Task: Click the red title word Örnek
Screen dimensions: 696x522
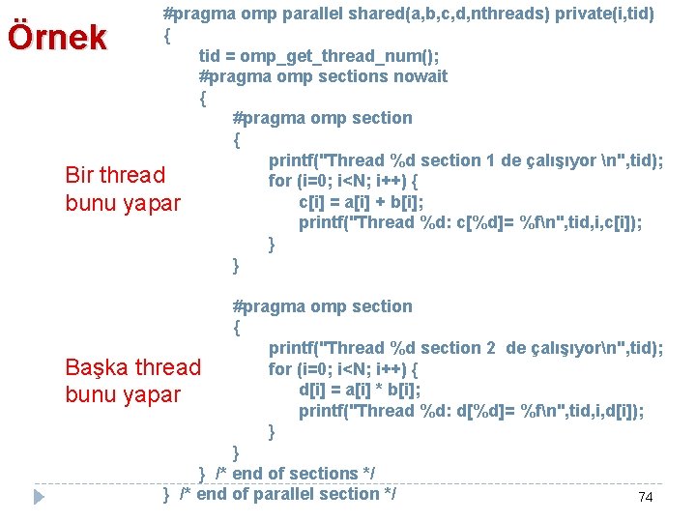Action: pos(56,37)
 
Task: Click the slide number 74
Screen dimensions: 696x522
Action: pos(646,497)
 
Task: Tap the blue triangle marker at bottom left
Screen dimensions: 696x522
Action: pos(39,497)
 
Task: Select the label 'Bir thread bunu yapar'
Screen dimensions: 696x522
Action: pos(122,188)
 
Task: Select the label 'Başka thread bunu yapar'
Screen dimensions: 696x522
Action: pos(132,381)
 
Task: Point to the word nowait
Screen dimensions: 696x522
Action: pos(418,76)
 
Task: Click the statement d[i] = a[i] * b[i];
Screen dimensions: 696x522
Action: pos(360,391)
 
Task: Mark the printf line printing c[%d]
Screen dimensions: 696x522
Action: pos(470,223)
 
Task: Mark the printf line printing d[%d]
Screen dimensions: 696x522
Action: pos(471,411)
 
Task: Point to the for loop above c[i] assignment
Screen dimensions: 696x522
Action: pos(342,182)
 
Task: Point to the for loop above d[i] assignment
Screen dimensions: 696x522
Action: pos(342,369)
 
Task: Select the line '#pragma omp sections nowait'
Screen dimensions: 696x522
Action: pos(323,76)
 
